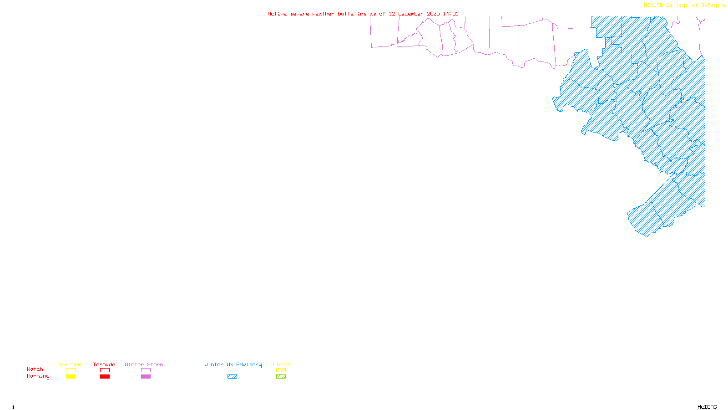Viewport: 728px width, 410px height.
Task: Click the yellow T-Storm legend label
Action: pos(70,364)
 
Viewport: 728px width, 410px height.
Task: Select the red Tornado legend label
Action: pos(104,364)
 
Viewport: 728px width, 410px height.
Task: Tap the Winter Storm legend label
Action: pos(144,364)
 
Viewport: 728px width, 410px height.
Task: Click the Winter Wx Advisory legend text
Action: pos(233,364)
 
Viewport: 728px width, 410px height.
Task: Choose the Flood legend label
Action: pos(281,364)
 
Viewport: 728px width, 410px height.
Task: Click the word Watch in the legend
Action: pos(35,369)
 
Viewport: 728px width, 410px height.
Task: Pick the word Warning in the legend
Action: pos(38,376)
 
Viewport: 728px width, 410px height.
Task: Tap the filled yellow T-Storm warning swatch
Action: pos(71,377)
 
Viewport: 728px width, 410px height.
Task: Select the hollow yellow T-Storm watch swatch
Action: pos(71,370)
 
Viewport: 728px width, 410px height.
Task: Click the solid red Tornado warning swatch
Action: pos(105,377)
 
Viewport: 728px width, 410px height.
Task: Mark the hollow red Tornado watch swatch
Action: pos(105,370)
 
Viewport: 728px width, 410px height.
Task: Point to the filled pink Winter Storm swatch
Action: pos(146,377)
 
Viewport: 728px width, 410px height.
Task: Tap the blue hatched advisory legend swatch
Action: pos(232,377)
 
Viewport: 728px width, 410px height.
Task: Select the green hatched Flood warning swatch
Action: pos(281,377)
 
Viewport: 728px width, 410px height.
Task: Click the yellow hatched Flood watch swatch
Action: pos(281,370)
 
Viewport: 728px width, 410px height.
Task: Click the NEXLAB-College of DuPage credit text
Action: pos(682,5)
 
